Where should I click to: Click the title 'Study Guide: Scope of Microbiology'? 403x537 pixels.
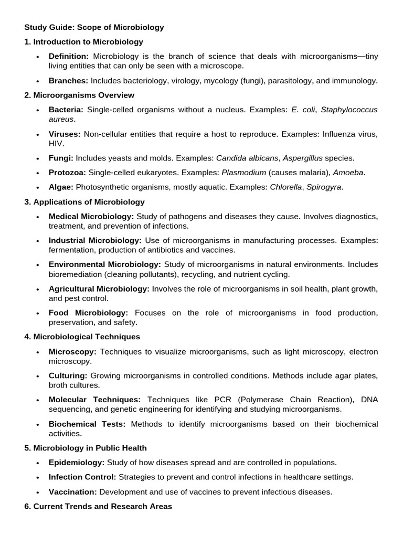pos(94,27)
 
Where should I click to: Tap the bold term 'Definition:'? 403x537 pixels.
pos(69,56)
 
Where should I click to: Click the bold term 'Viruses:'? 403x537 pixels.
pos(65,134)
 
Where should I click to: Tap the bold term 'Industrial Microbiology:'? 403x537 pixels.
pos(95,240)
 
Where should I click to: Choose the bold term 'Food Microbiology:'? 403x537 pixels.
pos(88,313)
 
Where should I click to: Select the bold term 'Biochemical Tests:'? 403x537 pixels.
pos(87,424)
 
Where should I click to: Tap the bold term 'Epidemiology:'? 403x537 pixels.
pos(77,463)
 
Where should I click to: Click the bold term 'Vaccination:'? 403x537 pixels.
pos(73,492)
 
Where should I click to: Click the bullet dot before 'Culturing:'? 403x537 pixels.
pos(37,377)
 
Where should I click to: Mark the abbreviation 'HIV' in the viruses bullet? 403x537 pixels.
pos(56,143)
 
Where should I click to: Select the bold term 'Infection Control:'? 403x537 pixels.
pos(82,477)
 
